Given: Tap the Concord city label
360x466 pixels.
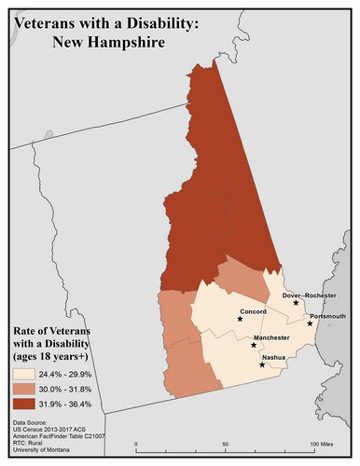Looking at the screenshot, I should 253,310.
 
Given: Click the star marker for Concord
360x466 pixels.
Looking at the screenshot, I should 240,319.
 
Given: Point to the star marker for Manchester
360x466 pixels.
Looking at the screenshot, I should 255,345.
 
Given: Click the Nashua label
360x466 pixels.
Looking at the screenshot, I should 273,357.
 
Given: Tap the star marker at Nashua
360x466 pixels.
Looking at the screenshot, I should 262,364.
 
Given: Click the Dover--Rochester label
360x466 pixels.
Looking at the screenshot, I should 309,295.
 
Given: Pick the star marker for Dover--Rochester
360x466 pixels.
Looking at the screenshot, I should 296,303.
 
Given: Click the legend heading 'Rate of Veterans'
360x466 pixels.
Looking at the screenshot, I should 57,331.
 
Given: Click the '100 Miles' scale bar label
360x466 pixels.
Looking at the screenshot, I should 322,444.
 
